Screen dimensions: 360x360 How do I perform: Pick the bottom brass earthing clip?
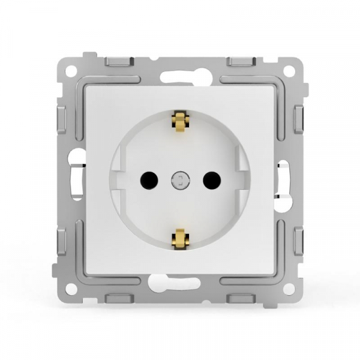click(178, 238)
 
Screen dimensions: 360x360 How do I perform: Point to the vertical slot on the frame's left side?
click(76, 178)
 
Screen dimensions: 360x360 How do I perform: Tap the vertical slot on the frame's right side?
click(284, 178)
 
